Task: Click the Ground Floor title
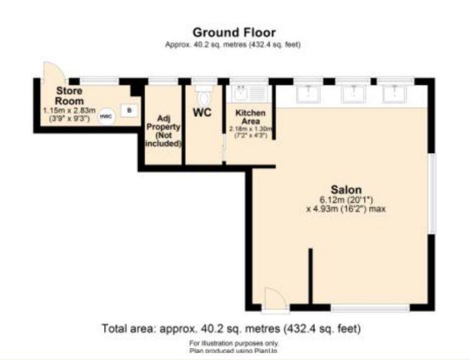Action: pyautogui.click(x=233, y=32)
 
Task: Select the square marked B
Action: pyautogui.click(x=129, y=110)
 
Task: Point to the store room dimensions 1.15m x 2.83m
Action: pyautogui.click(x=68, y=110)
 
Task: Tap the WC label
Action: pyautogui.click(x=202, y=114)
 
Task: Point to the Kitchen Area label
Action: pyautogui.click(x=250, y=117)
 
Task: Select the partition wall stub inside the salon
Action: pyautogui.click(x=309, y=277)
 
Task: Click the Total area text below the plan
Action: pyautogui.click(x=231, y=328)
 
